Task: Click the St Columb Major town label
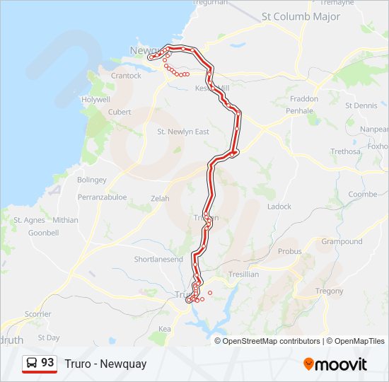pos(301,16)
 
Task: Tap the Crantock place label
pos(126,76)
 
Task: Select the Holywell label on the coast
pos(95,100)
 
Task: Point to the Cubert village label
pos(120,112)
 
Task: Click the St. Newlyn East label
pos(182,132)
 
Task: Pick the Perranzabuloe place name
pos(103,197)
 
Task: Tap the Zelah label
pos(160,199)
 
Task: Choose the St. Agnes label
pos(29,220)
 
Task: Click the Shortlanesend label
pos(158,260)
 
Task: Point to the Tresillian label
pos(243,274)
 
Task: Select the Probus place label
pos(289,251)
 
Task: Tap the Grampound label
pos(342,241)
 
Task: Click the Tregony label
pos(329,291)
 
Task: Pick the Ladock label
pos(279,207)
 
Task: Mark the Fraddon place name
pos(304,99)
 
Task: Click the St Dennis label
pos(361,105)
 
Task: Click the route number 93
pos(47,363)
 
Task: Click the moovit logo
pos(335,364)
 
